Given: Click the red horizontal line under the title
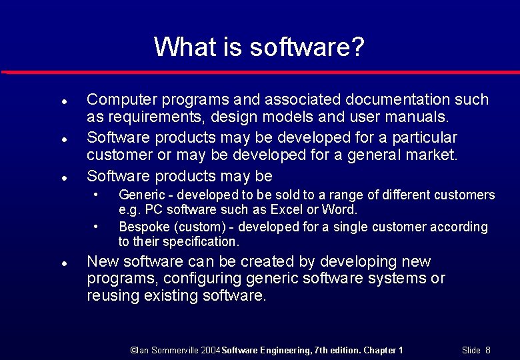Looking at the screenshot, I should tap(260, 71).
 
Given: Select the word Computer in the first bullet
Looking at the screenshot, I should tap(116, 100).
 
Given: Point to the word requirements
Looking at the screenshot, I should tap(145, 118).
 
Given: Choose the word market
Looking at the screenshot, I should tap(431, 156).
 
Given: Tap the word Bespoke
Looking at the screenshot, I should tap(141, 227).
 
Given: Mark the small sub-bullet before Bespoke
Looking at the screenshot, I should tap(97, 227).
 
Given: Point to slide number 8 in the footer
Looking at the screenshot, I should tap(487, 350).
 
